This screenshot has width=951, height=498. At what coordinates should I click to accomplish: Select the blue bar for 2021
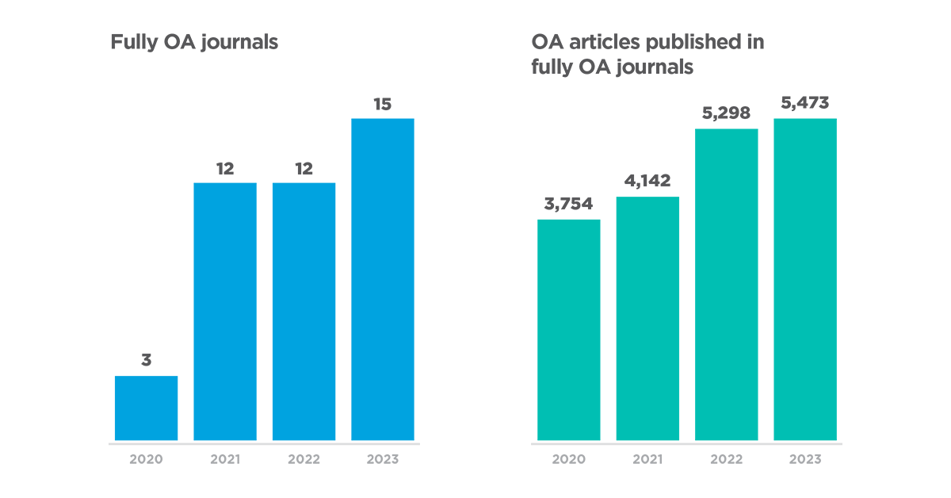click(x=225, y=311)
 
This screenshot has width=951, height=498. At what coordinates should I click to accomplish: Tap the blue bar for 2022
click(x=304, y=311)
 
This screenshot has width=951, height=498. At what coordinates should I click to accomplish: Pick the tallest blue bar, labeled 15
click(x=382, y=279)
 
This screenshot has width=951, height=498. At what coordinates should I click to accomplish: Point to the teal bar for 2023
click(x=805, y=279)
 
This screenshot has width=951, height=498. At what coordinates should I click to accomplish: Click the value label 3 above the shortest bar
click(x=146, y=361)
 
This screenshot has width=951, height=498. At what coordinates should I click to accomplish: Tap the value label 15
click(x=382, y=104)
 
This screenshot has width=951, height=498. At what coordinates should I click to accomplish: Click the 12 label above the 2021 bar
click(x=225, y=168)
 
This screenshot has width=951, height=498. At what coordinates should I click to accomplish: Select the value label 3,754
click(x=569, y=204)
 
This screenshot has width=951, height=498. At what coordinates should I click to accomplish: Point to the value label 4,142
click(x=647, y=182)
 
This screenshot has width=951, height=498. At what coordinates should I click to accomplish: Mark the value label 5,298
click(x=727, y=113)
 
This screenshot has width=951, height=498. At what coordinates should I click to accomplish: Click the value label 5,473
click(x=805, y=104)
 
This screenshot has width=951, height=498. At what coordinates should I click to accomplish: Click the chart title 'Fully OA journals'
click(x=194, y=43)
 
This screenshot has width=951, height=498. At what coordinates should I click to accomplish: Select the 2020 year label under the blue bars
click(x=146, y=459)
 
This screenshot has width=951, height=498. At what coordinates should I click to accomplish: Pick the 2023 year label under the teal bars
click(x=805, y=459)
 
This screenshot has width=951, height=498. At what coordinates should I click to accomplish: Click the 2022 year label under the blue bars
click(x=304, y=459)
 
